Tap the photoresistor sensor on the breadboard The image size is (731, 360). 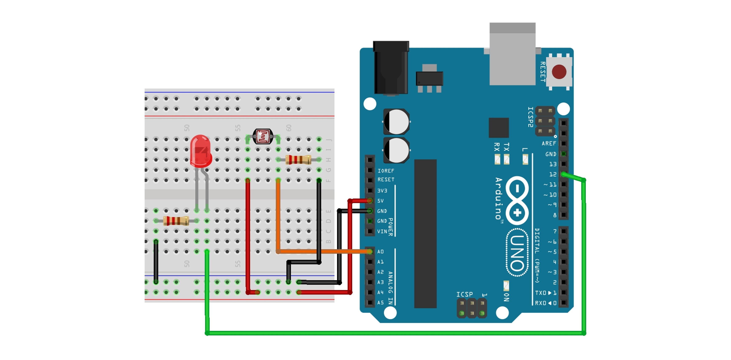coord(263,137)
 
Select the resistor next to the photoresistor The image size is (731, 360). coord(298,160)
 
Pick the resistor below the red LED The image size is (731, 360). coord(176,221)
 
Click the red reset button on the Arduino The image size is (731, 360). coord(559,72)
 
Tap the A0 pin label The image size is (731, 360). coord(380,252)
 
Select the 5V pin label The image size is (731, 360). coord(380,201)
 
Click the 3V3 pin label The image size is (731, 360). coord(382,190)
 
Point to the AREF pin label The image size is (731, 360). coord(548,144)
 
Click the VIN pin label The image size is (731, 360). coord(382,231)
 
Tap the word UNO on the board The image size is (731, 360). coord(517,253)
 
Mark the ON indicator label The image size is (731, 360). coord(507,297)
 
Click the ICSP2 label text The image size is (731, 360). coord(530,117)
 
